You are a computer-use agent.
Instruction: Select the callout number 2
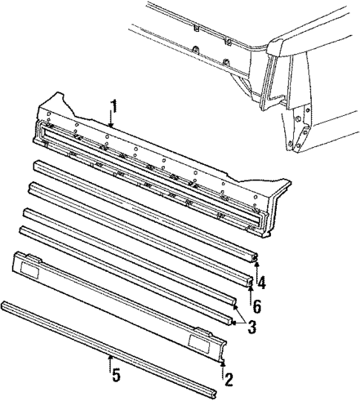pos(229,379)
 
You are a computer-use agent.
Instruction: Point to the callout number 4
pos(261,283)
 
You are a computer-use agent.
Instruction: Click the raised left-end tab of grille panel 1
pos(53,100)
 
